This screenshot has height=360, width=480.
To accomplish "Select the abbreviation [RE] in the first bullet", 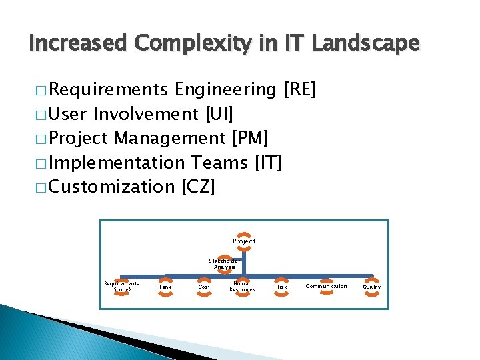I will coord(300,90).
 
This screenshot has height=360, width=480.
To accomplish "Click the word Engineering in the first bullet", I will coord(226,90).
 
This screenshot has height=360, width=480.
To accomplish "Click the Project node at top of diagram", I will coord(244,241).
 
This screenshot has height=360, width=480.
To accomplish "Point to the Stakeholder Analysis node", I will coord(225,263).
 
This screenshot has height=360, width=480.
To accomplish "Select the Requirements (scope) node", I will coord(121,287).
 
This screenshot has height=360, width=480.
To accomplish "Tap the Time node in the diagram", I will coord(165,287).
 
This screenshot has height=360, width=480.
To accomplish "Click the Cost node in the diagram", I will coord(204,287).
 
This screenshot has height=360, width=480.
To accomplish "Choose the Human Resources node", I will coord(243,287).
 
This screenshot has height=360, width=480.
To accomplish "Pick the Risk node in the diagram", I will coord(282,287).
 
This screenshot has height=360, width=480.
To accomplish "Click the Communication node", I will coord(326,287).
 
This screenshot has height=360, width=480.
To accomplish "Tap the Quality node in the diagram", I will coord(372,287).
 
